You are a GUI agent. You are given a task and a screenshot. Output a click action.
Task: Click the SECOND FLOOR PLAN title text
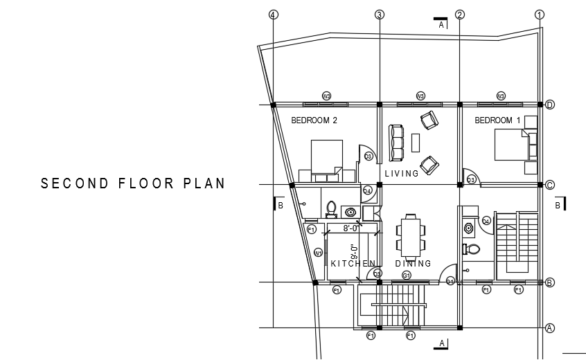tap(133, 183)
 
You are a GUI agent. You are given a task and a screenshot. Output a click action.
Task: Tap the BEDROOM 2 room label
tap(314, 120)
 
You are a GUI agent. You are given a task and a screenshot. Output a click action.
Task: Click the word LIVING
tap(402, 174)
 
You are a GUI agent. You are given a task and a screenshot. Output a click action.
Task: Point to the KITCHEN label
tap(353, 264)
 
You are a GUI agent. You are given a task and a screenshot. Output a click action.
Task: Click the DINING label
tap(413, 264)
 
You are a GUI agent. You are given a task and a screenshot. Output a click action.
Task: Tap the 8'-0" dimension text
tap(351, 228)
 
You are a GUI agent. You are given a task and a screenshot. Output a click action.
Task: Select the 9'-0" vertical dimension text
tap(354, 252)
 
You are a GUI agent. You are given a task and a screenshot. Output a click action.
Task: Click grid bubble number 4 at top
tap(274, 15)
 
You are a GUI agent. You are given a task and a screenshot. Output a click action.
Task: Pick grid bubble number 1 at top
tap(540, 15)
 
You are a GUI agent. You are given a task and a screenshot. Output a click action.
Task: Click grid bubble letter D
tap(549, 105)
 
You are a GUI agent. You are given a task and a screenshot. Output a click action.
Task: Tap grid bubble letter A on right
tap(549, 328)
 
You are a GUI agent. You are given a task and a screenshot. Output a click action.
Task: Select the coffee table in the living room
tap(416, 143)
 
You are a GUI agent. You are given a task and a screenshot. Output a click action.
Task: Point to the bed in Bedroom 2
tap(326, 156)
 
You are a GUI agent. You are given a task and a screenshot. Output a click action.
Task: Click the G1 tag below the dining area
tap(407, 276)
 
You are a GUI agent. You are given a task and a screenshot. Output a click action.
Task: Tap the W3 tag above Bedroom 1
tap(501, 96)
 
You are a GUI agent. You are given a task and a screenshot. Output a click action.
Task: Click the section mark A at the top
tap(441, 25)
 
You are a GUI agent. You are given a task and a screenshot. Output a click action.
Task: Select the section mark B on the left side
tap(281, 205)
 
